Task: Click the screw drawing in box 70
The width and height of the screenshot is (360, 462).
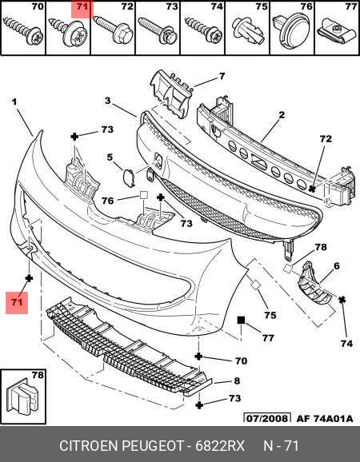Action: pos(23,31)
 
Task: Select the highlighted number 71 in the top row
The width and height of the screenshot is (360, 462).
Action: pos(82,7)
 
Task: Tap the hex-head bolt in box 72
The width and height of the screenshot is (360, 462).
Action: pos(113,29)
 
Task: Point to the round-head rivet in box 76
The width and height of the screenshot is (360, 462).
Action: pos(292,32)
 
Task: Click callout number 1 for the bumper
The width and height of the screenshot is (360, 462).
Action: pos(14,102)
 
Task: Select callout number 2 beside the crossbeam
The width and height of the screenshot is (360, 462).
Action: pos(282,114)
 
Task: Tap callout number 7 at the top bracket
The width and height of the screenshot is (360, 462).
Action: pos(222,76)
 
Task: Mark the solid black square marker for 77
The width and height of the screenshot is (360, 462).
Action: pos(241,320)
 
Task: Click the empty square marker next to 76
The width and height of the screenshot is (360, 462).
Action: pos(143,195)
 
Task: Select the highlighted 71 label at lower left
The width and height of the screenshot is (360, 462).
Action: pos(17,302)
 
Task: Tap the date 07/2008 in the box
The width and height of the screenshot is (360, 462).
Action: pos(267,418)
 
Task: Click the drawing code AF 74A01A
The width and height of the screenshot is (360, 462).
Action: pos(325,418)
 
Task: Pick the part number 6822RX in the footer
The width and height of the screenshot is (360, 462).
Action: pos(220,446)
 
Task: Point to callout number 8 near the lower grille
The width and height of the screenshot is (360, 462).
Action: pos(237,380)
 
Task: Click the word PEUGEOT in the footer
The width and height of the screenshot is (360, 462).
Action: pos(153,446)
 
